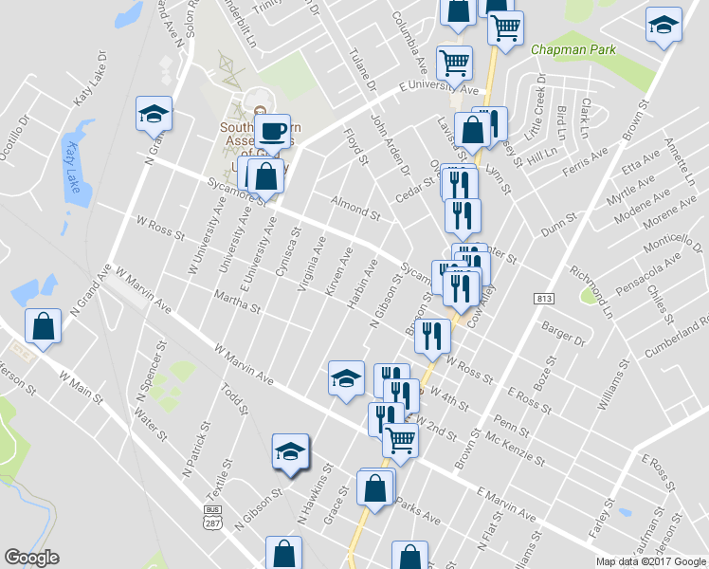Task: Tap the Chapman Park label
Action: pos(573,49)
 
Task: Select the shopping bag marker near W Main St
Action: pos(43,326)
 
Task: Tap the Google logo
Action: pos(31,559)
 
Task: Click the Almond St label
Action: pos(355,202)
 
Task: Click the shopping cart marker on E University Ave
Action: pos(454,64)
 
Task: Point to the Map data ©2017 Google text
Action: pos(651,561)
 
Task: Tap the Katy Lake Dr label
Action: pos(87,87)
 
